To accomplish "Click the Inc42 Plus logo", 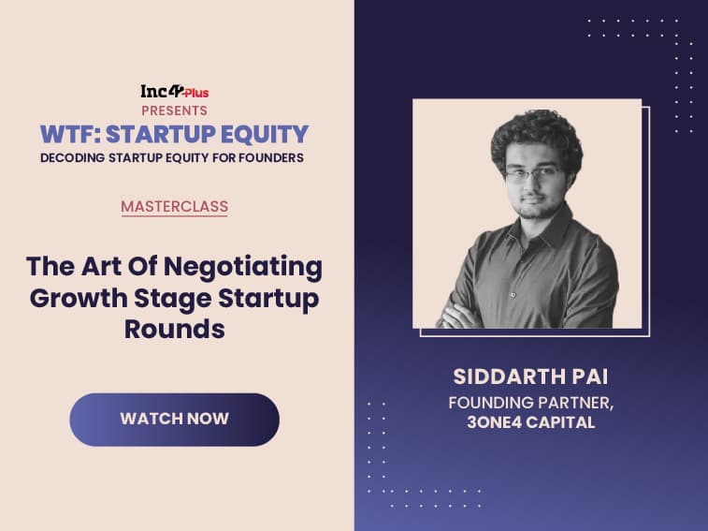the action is (x=174, y=92).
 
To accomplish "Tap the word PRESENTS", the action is (x=174, y=111).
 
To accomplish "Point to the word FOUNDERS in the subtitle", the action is (x=271, y=158).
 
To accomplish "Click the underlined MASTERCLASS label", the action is (x=174, y=207).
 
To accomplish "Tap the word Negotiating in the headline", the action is (x=243, y=267).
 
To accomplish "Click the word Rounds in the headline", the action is (x=175, y=329).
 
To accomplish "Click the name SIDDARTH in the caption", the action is (x=509, y=376).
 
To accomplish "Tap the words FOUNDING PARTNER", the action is (x=529, y=402).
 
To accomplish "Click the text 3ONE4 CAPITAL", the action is (x=531, y=422).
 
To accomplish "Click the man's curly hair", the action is (x=537, y=136).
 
